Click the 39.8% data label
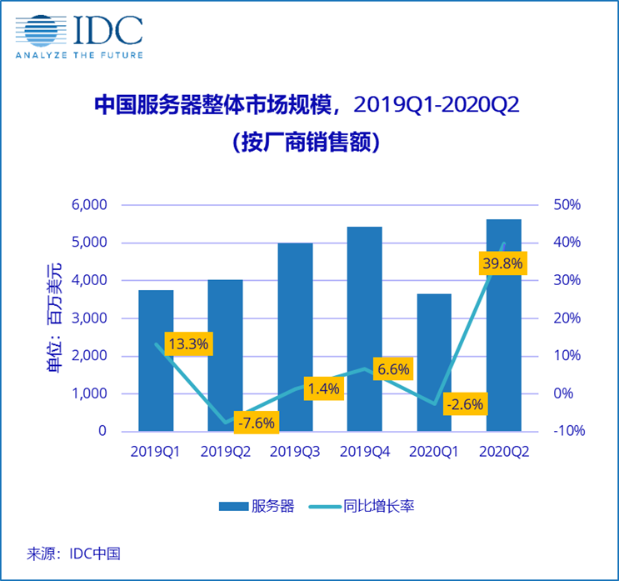point(502,264)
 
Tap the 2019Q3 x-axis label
point(295,451)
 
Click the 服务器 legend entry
point(257,506)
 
